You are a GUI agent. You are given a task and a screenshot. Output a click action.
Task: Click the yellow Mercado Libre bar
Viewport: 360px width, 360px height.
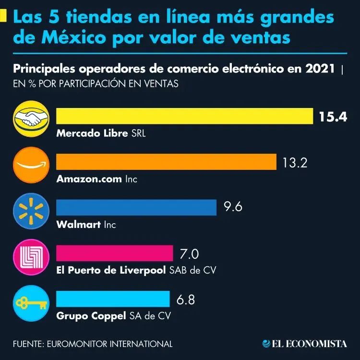point(185,116)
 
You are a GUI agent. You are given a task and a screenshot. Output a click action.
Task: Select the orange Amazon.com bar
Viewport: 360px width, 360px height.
point(167,162)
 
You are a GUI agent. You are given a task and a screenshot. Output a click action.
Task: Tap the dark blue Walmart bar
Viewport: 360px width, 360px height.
point(136,207)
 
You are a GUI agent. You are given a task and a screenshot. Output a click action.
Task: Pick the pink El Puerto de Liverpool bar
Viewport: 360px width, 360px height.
point(115,253)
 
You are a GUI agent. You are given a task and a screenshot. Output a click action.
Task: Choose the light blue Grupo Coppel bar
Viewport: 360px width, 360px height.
point(113,299)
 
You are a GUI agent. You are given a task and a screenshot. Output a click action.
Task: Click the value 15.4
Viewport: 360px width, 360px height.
point(333,117)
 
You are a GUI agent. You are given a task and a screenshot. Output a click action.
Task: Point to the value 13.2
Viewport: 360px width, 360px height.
point(294,162)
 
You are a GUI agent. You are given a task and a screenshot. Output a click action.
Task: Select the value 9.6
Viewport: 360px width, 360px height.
point(233,207)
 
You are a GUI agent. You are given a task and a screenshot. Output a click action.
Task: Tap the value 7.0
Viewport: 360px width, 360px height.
point(189,253)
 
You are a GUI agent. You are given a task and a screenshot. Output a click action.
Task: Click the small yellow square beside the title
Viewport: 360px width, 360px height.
point(3,18)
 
